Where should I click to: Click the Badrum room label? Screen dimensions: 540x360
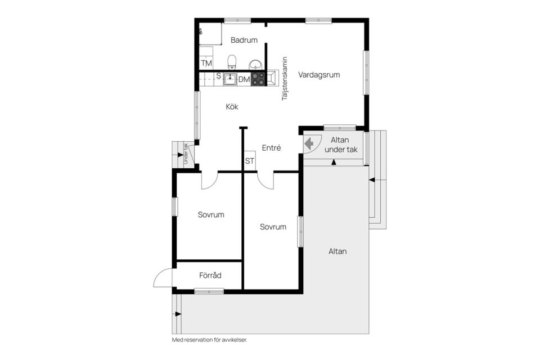click(244, 40)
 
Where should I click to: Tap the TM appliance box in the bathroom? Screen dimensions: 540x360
click(206, 63)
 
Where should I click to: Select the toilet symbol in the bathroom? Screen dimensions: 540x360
click(232, 62)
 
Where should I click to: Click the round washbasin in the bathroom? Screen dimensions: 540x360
click(255, 65)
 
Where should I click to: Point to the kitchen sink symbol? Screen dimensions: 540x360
click(229, 79)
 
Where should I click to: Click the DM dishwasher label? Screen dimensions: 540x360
click(244, 79)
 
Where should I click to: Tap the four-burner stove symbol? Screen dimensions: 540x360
click(258, 79)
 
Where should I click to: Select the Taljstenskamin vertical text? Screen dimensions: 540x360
click(285, 79)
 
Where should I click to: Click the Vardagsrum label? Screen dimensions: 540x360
click(319, 75)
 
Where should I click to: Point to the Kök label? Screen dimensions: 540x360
click(232, 107)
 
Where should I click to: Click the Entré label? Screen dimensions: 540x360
click(271, 148)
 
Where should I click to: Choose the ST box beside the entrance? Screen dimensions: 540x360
click(250, 161)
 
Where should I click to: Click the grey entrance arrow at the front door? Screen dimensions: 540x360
click(309, 142)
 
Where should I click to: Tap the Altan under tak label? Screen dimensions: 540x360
click(341, 145)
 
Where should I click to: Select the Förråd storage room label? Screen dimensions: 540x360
click(210, 275)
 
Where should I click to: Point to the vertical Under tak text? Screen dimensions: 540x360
click(186, 154)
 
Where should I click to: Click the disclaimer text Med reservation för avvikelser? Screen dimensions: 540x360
click(209, 340)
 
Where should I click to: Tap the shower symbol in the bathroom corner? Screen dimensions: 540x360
click(201, 31)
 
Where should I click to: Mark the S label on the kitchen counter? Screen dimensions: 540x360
click(218, 75)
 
